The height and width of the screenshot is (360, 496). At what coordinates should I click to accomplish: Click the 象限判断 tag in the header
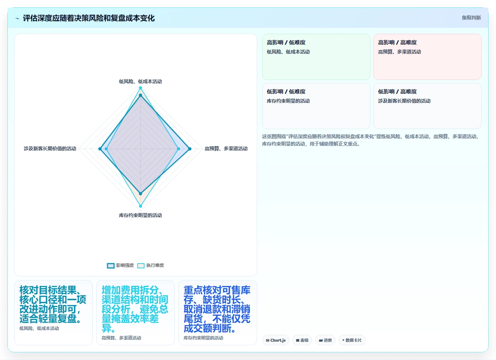click(x=471, y=18)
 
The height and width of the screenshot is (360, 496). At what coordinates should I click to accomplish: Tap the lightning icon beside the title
click(x=17, y=18)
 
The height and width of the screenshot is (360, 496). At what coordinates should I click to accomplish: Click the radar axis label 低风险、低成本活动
click(x=140, y=81)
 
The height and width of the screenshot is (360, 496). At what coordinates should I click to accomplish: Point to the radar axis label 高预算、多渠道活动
click(x=226, y=148)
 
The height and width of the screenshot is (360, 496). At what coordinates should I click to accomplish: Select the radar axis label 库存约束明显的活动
click(x=140, y=215)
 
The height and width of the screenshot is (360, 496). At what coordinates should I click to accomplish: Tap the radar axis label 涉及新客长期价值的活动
click(x=50, y=148)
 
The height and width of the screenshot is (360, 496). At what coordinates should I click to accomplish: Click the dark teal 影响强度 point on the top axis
click(x=140, y=95)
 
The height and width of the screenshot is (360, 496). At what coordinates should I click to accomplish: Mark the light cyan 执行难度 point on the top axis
click(x=140, y=88)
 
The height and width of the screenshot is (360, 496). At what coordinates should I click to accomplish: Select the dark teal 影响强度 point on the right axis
click(x=190, y=149)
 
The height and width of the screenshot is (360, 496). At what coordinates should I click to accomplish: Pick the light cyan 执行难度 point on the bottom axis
click(x=140, y=206)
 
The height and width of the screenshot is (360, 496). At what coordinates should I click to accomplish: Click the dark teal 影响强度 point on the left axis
click(x=100, y=149)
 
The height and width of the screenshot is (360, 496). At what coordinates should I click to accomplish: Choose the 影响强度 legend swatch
click(x=111, y=266)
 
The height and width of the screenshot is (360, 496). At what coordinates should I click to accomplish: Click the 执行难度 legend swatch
click(x=141, y=266)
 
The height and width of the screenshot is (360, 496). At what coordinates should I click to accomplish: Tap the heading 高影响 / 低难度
click(x=286, y=43)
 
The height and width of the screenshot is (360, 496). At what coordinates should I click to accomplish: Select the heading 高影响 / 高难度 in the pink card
click(x=397, y=43)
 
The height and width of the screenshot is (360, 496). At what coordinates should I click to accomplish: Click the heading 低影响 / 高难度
click(x=397, y=92)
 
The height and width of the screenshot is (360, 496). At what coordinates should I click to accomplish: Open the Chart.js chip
click(x=276, y=340)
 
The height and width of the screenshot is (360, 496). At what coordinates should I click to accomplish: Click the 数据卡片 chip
click(x=352, y=340)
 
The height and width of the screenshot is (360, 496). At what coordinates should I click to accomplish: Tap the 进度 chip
click(x=325, y=340)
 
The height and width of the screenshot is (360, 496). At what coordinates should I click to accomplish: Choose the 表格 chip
click(x=302, y=340)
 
